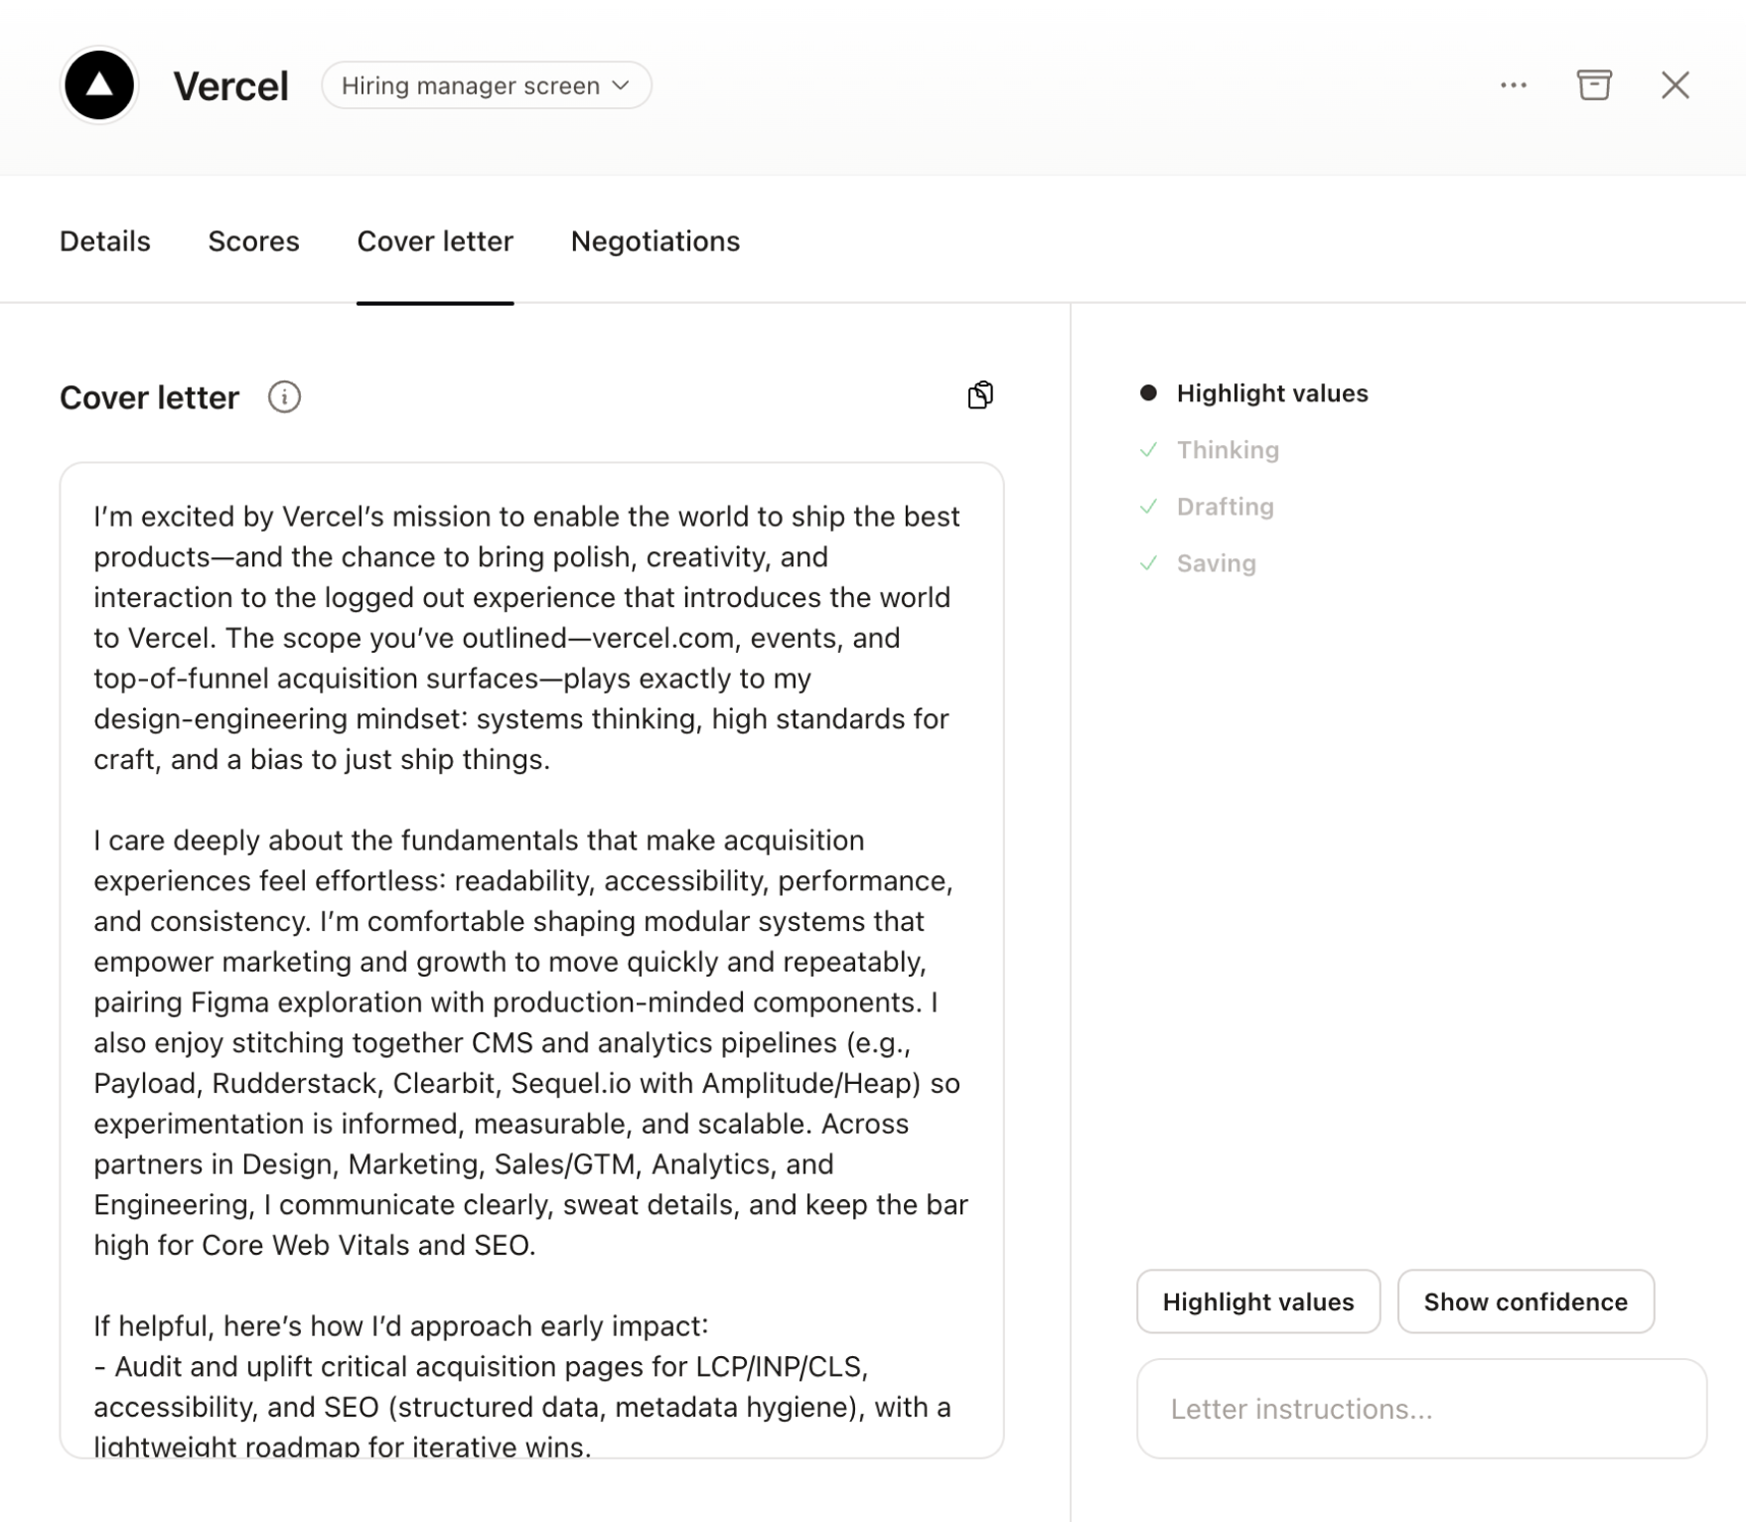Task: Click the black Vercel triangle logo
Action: (99, 85)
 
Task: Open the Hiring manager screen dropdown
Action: (486, 85)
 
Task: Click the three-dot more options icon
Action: (1514, 85)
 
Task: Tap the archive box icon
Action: (1594, 85)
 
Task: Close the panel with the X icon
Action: (1675, 85)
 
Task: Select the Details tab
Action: (105, 241)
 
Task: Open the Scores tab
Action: (253, 241)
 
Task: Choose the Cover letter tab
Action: (435, 241)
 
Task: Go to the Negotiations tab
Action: (655, 241)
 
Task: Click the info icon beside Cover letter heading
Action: (284, 397)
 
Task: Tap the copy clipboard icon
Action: (980, 395)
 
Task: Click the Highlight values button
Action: (1257, 1301)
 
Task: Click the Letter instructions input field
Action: (1421, 1409)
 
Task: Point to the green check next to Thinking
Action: (1149, 450)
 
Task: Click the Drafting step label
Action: (1225, 507)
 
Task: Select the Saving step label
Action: (1216, 563)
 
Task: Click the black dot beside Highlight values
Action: (1149, 393)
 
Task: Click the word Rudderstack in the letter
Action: (295, 1083)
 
